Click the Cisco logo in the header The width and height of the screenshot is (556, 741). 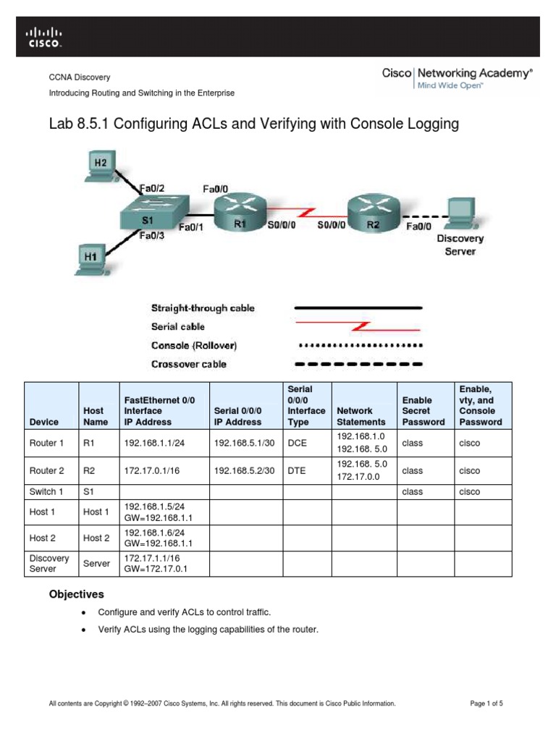[x=44, y=36]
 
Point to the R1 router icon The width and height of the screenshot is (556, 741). [x=239, y=210]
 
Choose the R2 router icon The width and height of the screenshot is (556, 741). [x=372, y=210]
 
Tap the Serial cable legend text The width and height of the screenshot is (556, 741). [x=178, y=326]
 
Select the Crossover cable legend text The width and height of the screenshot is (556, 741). [x=188, y=364]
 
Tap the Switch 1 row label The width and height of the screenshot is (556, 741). [x=47, y=491]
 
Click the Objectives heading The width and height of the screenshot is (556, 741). [x=76, y=594]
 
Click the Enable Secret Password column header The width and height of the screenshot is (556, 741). [x=424, y=410]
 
